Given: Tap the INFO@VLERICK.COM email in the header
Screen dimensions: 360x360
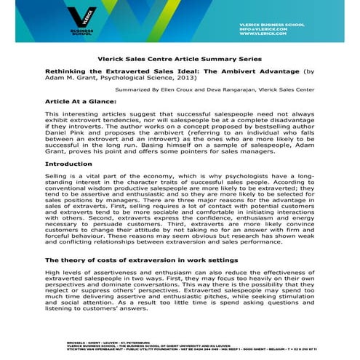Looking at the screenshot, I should tap(291, 28).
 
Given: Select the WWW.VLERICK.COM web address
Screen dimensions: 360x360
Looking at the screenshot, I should tap(287, 33).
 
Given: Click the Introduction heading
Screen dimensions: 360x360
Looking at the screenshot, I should tap(68, 164).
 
